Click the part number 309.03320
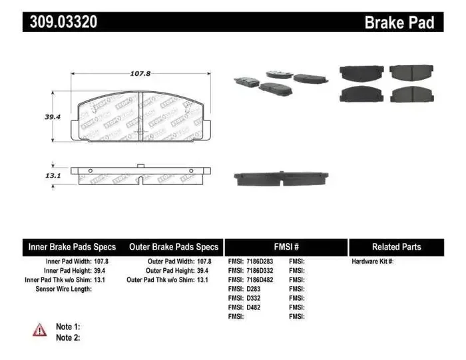click(63, 22)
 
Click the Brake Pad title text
click(399, 23)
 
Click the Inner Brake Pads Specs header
click(72, 247)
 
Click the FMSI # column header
click(286, 247)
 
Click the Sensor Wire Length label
click(64, 289)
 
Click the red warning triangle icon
click(40, 330)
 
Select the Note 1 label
click(68, 326)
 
